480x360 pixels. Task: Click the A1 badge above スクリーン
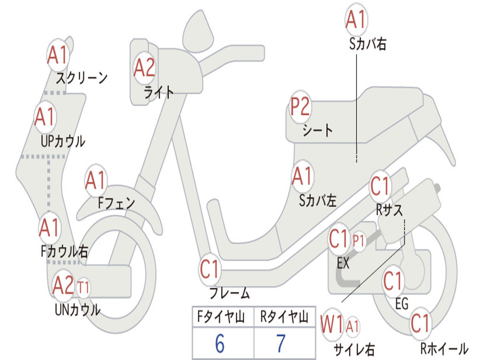(x=58, y=56)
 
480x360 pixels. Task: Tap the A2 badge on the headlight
(x=144, y=68)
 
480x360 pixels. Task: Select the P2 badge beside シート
(x=300, y=107)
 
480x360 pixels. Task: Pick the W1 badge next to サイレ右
(x=332, y=324)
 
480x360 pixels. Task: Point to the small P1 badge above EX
(x=359, y=241)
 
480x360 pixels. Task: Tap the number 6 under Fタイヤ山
(x=219, y=344)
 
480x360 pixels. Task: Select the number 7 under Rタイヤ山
(x=281, y=344)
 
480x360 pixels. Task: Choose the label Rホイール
(x=443, y=349)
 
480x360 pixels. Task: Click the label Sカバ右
(x=367, y=44)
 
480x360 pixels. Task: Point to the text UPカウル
(x=63, y=141)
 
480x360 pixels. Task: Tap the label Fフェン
(x=116, y=203)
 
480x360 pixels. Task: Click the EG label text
(x=401, y=304)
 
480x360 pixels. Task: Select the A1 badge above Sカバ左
(x=302, y=176)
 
